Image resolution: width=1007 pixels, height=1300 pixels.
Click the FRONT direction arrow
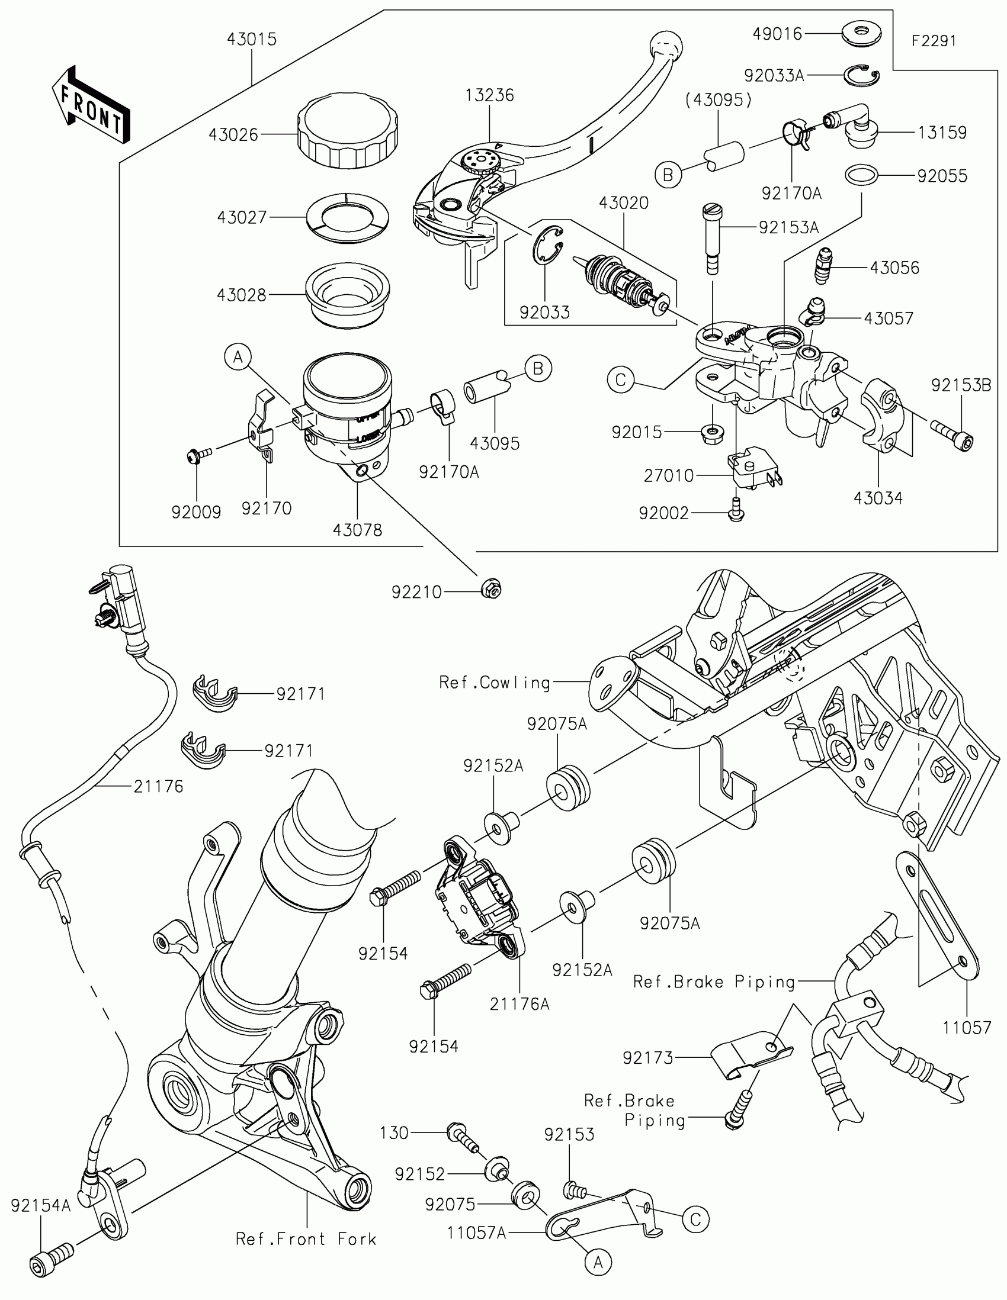(91, 105)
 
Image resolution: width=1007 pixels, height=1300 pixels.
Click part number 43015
(251, 39)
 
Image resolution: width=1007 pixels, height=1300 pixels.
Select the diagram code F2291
(934, 40)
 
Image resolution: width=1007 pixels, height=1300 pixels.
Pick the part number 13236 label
(489, 95)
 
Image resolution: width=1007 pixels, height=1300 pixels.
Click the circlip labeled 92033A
(861, 75)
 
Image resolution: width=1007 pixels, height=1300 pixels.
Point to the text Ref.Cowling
(494, 682)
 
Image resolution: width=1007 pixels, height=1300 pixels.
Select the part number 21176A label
(519, 1003)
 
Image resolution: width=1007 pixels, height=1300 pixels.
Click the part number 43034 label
(878, 498)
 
